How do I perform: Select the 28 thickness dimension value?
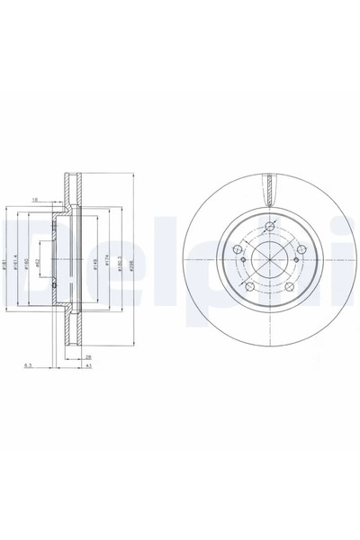click(x=87, y=356)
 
